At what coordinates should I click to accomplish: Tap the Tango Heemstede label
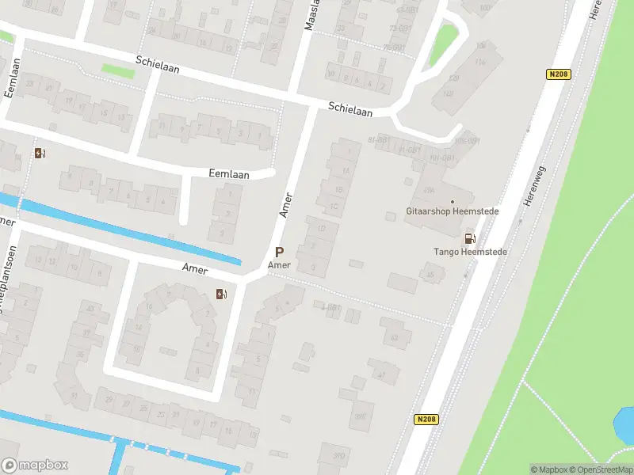point(470,252)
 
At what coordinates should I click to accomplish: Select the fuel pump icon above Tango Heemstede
point(470,238)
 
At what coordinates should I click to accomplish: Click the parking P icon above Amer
point(279,252)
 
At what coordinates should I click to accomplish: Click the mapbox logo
point(34,465)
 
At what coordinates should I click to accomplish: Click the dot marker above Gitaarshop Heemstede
point(453,202)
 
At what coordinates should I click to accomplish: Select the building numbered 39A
point(429,190)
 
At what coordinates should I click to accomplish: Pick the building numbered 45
point(431,275)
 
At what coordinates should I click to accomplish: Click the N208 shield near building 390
point(426,420)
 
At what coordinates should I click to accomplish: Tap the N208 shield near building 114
point(559,74)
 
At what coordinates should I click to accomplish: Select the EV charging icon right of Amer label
point(222,294)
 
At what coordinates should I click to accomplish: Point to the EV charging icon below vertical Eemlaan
point(40,153)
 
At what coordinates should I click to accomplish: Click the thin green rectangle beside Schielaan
point(117,70)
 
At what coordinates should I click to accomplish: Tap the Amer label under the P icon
point(279,265)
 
